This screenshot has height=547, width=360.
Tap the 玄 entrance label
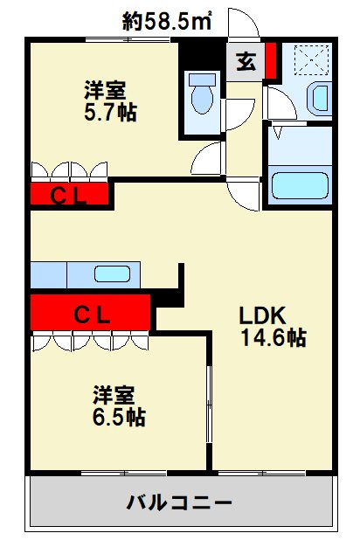coord(245,63)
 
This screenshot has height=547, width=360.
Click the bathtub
coord(299,185)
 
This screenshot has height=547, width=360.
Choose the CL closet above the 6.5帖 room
coord(90,314)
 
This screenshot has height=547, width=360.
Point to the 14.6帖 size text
coord(273,338)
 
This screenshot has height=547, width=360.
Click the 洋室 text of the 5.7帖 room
coord(105,90)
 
